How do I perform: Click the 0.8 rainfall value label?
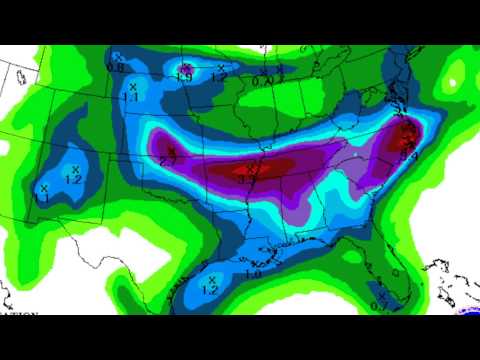pyautogui.click(x=115, y=68)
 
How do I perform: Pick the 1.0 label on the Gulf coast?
pyautogui.click(x=253, y=273)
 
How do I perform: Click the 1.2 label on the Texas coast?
pyautogui.click(x=210, y=290)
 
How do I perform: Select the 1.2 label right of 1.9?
pyautogui.click(x=220, y=77)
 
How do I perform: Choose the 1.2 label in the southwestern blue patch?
pyautogui.click(x=72, y=179)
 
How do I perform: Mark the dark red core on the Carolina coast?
pyautogui.click(x=408, y=135)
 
